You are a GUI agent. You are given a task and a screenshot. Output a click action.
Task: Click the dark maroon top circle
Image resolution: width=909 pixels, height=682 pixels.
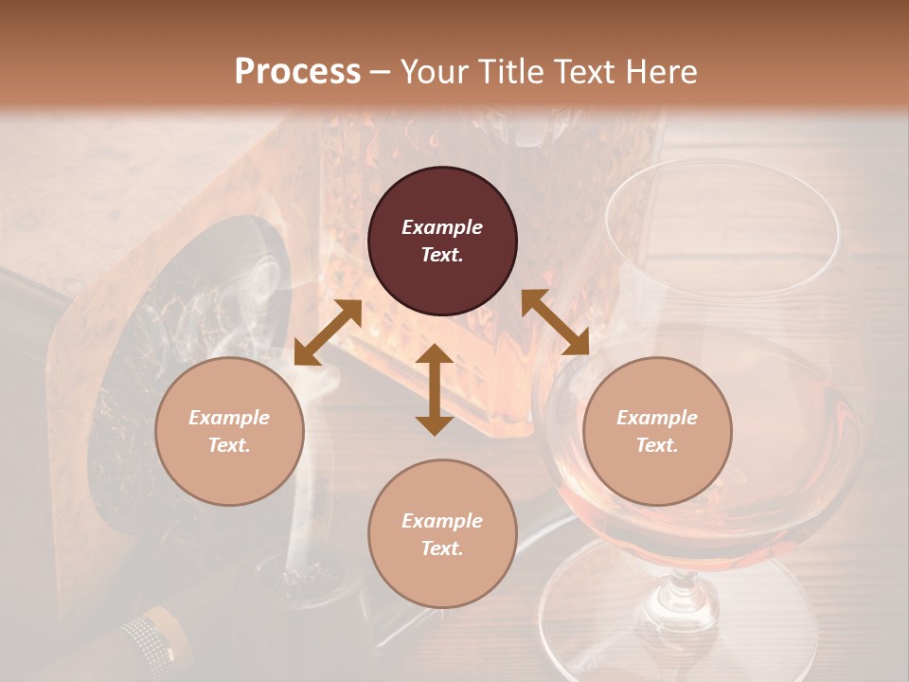coord(442,242)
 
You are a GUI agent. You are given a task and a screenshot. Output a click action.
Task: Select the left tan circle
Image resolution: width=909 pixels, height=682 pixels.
coord(229,431)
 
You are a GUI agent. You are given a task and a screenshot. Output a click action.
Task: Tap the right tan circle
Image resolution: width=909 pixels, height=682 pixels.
coord(657,431)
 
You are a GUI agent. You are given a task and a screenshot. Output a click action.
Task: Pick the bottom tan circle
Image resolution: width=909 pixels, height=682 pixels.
coord(442,533)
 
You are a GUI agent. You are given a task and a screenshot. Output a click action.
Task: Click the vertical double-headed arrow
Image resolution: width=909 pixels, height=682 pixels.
coord(435,389)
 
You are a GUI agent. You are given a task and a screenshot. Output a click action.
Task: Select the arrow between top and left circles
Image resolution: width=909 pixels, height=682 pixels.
coord(328,332)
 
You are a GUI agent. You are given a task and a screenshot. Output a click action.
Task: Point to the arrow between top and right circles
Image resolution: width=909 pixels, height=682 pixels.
coord(555,322)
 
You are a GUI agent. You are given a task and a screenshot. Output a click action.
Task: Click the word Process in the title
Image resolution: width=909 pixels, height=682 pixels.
coord(297,71)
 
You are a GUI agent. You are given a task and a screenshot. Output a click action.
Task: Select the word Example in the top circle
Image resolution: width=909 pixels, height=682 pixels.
coord(442,227)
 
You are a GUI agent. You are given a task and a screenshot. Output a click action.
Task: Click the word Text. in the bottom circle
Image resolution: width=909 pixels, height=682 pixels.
coord(442,548)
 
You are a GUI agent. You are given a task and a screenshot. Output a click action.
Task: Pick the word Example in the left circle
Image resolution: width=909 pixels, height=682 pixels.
coord(229,418)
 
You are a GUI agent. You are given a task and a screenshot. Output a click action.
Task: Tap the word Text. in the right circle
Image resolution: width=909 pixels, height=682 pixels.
coord(657,445)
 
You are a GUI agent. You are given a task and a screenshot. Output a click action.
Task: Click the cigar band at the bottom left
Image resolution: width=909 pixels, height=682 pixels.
coord(151,637)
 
